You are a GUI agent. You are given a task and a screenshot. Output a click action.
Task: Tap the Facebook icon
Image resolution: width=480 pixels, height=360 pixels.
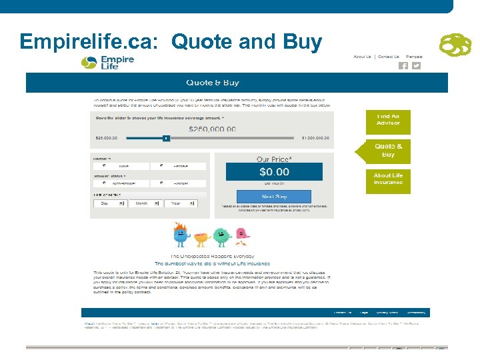coord(403,66)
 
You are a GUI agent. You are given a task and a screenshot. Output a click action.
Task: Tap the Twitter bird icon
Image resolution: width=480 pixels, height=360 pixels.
coord(416,66)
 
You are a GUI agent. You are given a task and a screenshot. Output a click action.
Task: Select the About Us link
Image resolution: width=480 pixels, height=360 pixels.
coord(362,57)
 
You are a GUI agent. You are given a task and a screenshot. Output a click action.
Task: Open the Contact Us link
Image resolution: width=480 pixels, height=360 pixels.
coord(389,57)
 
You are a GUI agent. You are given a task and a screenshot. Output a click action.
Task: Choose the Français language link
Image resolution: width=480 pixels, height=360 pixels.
coord(414,57)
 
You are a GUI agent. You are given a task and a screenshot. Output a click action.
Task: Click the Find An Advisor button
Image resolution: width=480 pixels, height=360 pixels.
coord(388,119)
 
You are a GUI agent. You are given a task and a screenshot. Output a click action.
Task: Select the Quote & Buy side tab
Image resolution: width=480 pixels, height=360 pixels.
coord(388,150)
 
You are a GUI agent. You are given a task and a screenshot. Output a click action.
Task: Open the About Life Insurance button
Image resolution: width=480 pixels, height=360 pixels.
coord(388,179)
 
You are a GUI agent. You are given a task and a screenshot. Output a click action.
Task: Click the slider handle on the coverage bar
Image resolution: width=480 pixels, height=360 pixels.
coord(167,139)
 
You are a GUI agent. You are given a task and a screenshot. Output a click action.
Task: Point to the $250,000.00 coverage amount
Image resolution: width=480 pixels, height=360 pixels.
coord(212,129)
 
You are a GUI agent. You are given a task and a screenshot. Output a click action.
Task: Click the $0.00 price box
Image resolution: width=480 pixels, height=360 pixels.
coord(274,172)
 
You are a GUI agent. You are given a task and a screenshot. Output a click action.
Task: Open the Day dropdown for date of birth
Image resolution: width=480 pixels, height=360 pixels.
coord(109,203)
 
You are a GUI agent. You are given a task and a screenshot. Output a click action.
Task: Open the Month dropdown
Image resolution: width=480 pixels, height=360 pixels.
coord(145,203)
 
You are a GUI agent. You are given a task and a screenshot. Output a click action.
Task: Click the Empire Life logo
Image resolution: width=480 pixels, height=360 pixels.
coord(107,62)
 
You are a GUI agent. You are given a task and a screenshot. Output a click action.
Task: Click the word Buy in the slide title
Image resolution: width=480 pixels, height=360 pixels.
coord(303,41)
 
